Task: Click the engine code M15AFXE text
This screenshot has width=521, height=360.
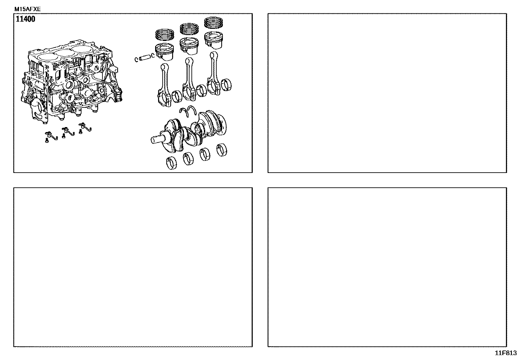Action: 27,9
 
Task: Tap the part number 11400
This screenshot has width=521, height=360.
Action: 25,19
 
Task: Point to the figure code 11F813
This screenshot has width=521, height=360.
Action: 506,353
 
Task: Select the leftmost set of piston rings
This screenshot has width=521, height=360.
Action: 165,34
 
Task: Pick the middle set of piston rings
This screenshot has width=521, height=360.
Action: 189,28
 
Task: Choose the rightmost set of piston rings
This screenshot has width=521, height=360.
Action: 213,23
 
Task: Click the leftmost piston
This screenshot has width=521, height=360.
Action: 165,52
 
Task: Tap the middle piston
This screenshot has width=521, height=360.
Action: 189,46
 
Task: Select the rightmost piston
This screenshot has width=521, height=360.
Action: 213,40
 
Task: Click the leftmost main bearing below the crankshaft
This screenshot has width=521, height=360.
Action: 171,163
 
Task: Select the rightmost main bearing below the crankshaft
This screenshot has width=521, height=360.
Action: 222,150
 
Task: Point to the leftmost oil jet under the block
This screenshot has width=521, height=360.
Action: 51,137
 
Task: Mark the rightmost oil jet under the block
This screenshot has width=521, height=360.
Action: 85,128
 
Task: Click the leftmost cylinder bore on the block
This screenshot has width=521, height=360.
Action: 45,58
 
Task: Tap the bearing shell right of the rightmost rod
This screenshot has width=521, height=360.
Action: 226,85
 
